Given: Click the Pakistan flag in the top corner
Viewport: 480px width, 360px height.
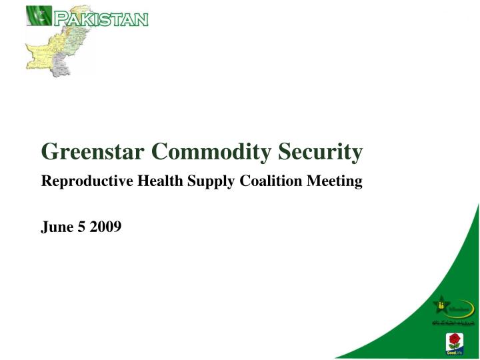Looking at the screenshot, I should [39, 15].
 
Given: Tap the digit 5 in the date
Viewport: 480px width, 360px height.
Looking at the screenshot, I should [82, 227].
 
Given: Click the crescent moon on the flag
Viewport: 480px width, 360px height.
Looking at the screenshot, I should [42, 15].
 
